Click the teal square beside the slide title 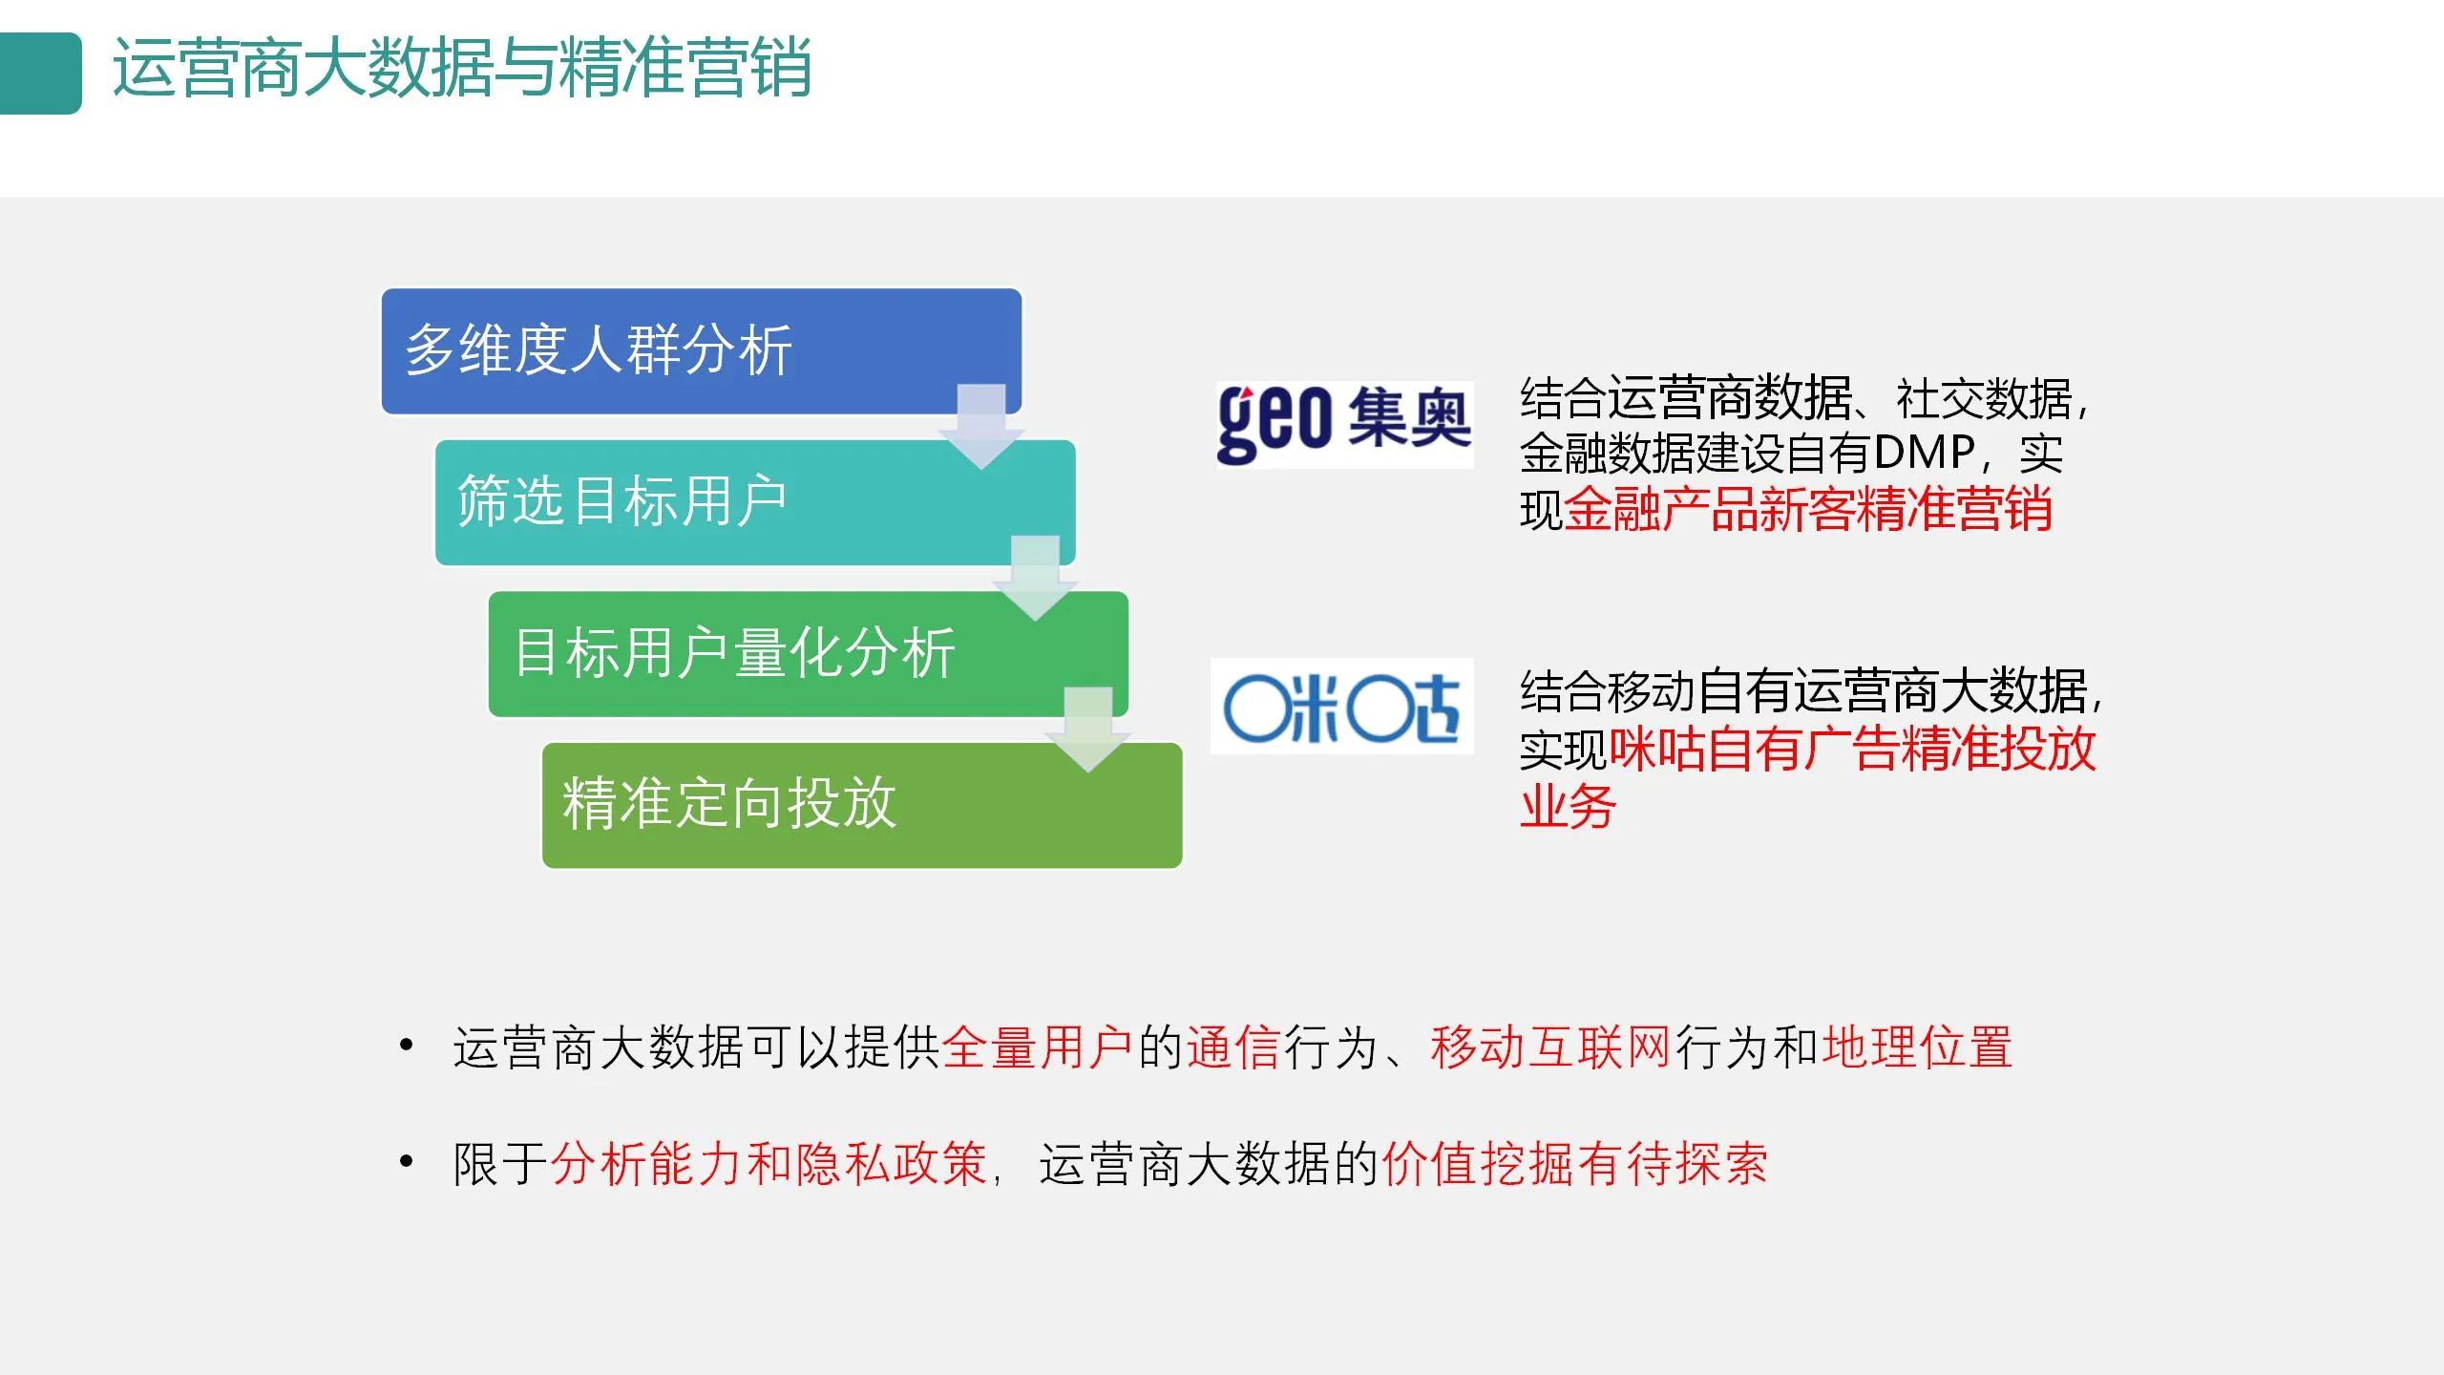(x=40, y=73)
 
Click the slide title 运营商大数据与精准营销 (x=461, y=69)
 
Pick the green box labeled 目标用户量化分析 (x=764, y=653)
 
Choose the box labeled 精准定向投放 (x=821, y=804)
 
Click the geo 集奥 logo (x=1343, y=423)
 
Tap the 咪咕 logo (x=1341, y=707)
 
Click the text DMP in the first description (x=1923, y=453)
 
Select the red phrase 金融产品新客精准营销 (x=1807, y=509)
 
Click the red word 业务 (x=1567, y=807)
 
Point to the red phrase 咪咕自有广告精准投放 (x=1852, y=750)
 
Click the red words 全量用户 (x=1038, y=1047)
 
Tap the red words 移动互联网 (x=1550, y=1047)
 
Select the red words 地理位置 (x=1917, y=1047)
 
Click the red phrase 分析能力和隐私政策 (x=769, y=1164)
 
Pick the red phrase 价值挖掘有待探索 (x=1574, y=1164)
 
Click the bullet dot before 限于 (x=407, y=1162)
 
